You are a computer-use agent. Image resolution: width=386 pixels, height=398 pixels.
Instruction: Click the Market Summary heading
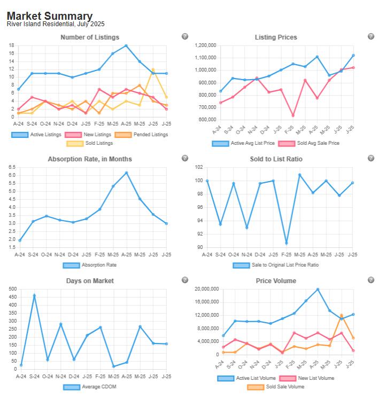49,16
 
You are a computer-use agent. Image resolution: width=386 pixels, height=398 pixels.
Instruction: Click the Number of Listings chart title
90,37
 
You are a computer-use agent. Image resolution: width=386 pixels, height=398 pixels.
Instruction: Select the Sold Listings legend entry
89,143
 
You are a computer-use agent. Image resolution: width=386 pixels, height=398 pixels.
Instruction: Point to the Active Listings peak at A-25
126,45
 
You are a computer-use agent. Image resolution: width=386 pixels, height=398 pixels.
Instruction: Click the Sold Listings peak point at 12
153,69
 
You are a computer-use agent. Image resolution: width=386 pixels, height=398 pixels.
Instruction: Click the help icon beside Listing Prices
371,36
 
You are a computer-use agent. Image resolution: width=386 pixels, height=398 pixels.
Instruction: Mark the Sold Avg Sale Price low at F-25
292,115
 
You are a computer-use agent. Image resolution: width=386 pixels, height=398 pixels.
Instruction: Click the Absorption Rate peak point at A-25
126,173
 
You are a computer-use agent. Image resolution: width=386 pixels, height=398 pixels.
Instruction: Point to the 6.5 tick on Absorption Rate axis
12,167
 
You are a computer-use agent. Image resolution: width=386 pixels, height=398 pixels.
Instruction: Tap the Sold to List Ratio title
276,159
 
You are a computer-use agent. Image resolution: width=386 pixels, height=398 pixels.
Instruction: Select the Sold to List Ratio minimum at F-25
286,243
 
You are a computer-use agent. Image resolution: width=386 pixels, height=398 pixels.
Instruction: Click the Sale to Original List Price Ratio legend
276,265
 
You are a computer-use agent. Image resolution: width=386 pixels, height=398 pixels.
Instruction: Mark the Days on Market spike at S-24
34,295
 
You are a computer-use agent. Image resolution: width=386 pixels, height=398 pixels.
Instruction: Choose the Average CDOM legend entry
89,387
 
